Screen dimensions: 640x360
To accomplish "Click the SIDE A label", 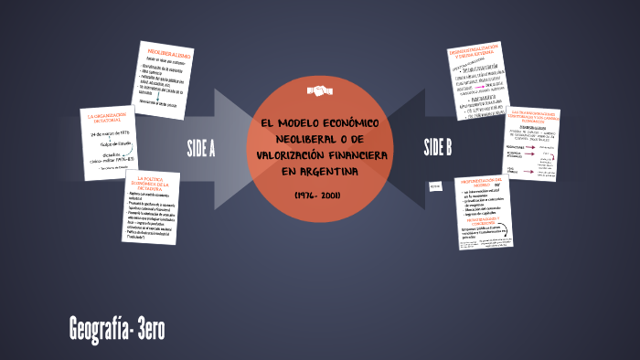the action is click(x=200, y=148).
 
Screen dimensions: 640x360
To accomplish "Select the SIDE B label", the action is click(x=439, y=148).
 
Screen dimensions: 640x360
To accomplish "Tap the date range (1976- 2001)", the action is click(x=319, y=196).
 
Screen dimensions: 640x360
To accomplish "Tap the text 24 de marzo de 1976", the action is click(x=111, y=133).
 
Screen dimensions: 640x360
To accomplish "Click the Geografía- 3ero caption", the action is click(x=116, y=327).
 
